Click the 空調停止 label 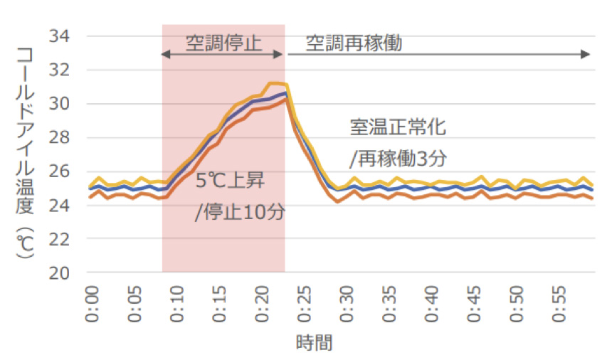point(223,43)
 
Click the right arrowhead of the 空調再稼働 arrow point(587,55)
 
